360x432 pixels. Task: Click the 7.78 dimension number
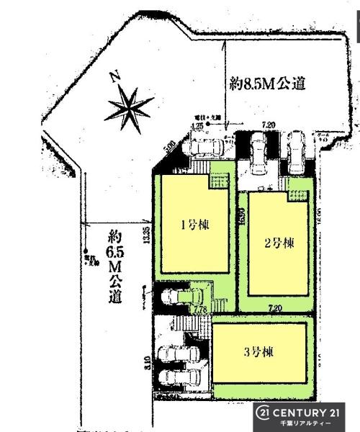[201, 309]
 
